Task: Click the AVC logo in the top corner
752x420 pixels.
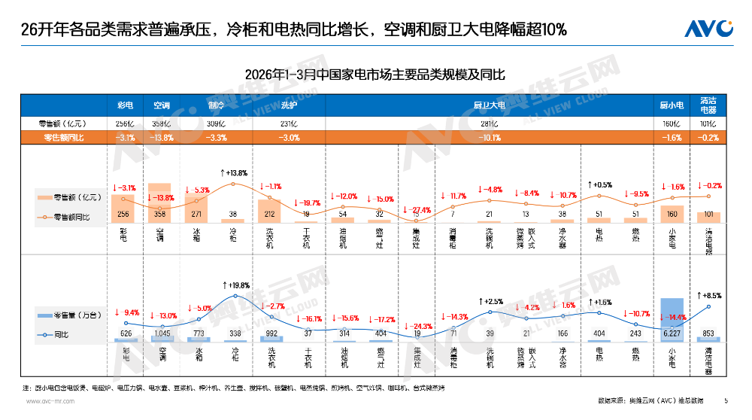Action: [708, 29]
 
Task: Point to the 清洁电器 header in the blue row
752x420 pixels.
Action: [708, 105]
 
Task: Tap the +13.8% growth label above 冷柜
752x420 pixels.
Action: [234, 173]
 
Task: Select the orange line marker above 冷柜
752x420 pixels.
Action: [234, 184]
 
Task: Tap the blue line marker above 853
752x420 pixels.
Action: [708, 306]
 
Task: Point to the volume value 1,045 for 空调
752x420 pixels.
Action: [162, 333]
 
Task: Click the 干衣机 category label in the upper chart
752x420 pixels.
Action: [307, 239]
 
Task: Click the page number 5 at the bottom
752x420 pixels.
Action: [726, 400]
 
